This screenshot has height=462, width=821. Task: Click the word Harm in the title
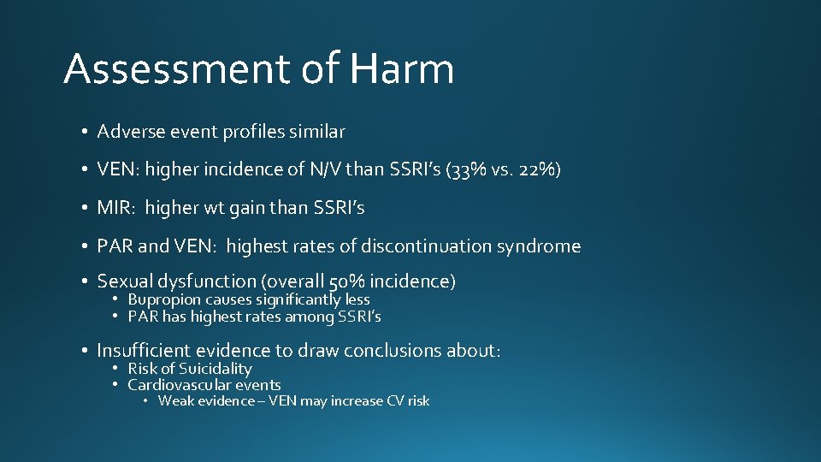402,69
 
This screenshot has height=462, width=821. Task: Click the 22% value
537,169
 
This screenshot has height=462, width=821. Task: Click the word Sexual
122,281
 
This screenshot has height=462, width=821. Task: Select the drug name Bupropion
164,299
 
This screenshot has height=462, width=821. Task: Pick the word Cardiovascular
179,385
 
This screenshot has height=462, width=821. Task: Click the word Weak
175,400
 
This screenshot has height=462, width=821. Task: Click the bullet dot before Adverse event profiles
86,132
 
